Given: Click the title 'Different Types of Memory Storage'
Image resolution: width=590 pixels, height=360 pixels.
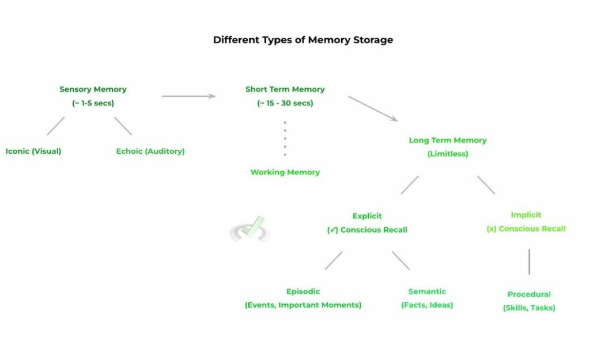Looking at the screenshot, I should point(303,40).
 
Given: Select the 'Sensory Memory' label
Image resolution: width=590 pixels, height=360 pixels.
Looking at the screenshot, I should point(93,89).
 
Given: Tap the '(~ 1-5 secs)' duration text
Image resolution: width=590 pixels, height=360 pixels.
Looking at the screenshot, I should point(93,103).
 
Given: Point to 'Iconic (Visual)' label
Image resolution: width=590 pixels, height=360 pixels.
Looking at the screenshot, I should point(33,151).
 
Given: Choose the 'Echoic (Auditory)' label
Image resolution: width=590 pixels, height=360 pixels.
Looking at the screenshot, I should point(150,151).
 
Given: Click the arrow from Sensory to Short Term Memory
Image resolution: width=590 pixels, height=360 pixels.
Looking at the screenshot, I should point(188,96).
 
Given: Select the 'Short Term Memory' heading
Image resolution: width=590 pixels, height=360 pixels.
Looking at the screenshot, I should point(285,89).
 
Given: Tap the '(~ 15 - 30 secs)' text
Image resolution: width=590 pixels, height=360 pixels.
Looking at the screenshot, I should point(285,103).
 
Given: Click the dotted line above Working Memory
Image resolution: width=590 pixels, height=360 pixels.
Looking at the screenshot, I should point(285,138).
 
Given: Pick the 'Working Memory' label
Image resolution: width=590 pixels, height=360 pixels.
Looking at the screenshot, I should point(285,172).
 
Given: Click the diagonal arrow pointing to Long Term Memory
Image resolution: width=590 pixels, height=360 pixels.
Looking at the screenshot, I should point(372,108).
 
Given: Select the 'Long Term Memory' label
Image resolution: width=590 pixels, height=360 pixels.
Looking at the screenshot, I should point(448,140).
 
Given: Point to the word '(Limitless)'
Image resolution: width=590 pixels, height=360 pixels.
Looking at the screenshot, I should point(448,154).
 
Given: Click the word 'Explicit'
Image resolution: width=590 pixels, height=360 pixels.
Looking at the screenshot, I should point(367,216).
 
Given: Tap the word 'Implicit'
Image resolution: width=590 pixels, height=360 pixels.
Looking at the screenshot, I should point(526,215).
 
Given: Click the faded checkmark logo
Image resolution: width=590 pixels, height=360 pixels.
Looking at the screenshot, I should point(250,229).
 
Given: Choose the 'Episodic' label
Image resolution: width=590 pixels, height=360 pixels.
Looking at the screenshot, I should point(303,291).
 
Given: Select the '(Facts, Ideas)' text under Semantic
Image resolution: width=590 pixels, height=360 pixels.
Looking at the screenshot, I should point(427,305).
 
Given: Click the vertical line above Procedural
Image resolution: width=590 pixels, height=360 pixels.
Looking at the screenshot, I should point(529,262).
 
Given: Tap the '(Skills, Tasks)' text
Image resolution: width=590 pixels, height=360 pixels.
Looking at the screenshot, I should point(529,308).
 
